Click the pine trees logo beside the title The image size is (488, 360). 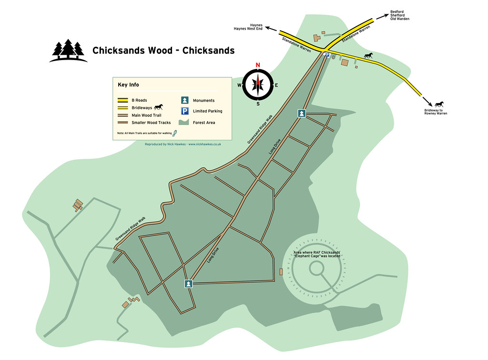coord(68,51)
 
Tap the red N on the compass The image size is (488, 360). coord(258,65)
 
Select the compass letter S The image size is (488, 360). coord(258,103)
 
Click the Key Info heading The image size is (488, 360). coord(128,85)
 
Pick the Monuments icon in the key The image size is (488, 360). coord(184,101)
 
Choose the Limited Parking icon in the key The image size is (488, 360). coord(184,111)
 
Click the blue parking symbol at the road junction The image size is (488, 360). coord(327,55)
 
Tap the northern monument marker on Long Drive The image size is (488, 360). coord(302,113)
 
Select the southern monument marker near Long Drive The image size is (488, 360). coord(189,284)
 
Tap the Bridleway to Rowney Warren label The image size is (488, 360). coord(436,112)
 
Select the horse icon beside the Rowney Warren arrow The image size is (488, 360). coord(439,103)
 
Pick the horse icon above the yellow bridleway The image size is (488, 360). coord(368,56)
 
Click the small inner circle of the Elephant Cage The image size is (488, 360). coord(316,268)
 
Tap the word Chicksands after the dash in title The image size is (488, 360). coord(209,51)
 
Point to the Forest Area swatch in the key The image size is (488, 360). coord(184,123)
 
